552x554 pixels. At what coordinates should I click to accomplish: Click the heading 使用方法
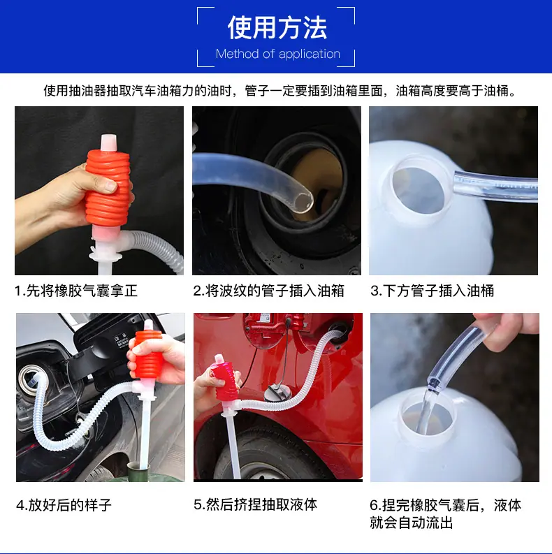(277, 28)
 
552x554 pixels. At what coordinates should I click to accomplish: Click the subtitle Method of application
(278, 54)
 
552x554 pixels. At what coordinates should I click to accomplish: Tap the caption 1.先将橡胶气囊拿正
(76, 291)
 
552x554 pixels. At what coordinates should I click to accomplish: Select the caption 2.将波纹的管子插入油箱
(268, 291)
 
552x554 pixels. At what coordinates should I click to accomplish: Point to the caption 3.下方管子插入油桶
(433, 291)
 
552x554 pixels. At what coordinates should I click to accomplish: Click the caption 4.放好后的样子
(64, 505)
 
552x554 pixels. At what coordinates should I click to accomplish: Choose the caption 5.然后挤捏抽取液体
(255, 504)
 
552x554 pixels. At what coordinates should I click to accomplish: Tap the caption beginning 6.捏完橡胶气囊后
(445, 513)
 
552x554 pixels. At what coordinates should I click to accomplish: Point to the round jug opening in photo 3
(418, 191)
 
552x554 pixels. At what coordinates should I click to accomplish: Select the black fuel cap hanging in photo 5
(277, 393)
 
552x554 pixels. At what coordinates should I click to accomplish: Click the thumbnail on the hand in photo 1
(110, 185)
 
